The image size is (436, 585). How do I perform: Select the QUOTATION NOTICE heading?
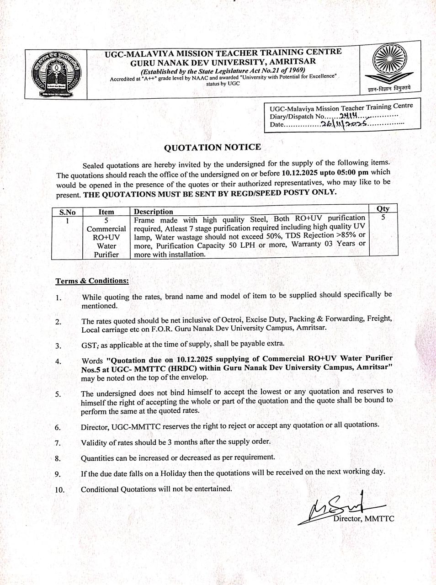[213, 147]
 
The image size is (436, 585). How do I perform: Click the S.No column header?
[67, 212]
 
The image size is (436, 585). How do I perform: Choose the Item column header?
[106, 212]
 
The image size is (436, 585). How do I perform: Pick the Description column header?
[153, 212]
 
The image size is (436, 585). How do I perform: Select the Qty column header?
[383, 208]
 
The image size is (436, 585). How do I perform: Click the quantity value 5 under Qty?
[383, 218]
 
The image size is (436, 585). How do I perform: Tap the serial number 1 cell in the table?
[67, 220]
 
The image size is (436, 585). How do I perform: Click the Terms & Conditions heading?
[92, 281]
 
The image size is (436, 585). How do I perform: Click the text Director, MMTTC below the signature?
[363, 519]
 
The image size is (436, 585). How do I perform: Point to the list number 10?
[59, 489]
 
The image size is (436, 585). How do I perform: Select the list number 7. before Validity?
[58, 443]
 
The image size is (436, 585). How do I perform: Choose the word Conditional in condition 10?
[100, 489]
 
